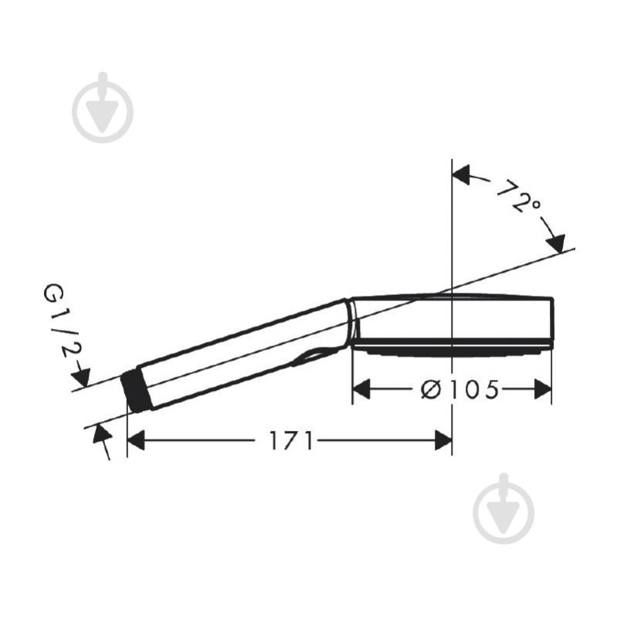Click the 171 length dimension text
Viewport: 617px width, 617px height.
pyautogui.click(x=291, y=441)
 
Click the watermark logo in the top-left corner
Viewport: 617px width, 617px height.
pyautogui.click(x=103, y=108)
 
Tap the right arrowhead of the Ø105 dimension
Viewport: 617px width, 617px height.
pyautogui.click(x=543, y=390)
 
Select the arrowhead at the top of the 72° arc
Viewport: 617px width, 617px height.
pyautogui.click(x=462, y=175)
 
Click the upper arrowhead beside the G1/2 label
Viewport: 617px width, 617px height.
pyautogui.click(x=80, y=378)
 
